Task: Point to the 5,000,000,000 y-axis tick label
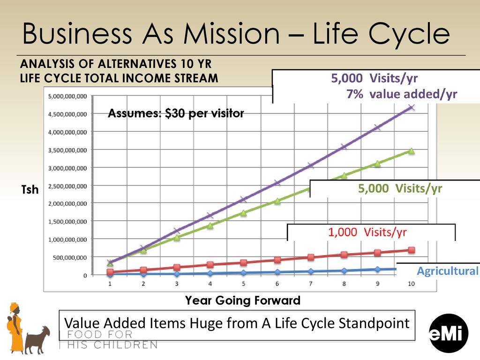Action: (67, 96)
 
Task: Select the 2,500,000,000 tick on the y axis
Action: (67, 186)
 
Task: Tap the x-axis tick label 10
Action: (411, 284)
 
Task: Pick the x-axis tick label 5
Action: (243, 284)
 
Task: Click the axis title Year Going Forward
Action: (243, 300)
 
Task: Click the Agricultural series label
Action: (448, 271)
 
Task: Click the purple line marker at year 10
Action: (412, 107)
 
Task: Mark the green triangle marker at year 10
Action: (411, 151)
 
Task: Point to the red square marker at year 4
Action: (210, 265)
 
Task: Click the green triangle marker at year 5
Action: (243, 213)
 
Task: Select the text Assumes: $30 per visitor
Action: (176, 113)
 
